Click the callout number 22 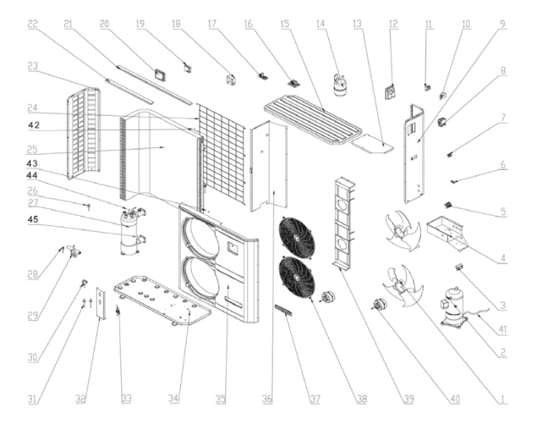(32, 24)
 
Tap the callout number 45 (33, 219)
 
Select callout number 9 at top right (502, 24)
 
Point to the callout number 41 (502, 329)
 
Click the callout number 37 (315, 399)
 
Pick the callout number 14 (321, 24)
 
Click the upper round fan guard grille (297, 237)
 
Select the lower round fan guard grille (297, 278)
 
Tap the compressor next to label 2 (452, 307)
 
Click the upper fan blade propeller (403, 230)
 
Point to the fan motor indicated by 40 (380, 304)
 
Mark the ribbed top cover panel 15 (313, 120)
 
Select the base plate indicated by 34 (162, 300)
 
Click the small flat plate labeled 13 (373, 143)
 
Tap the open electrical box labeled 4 (447, 234)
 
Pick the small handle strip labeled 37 (284, 310)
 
